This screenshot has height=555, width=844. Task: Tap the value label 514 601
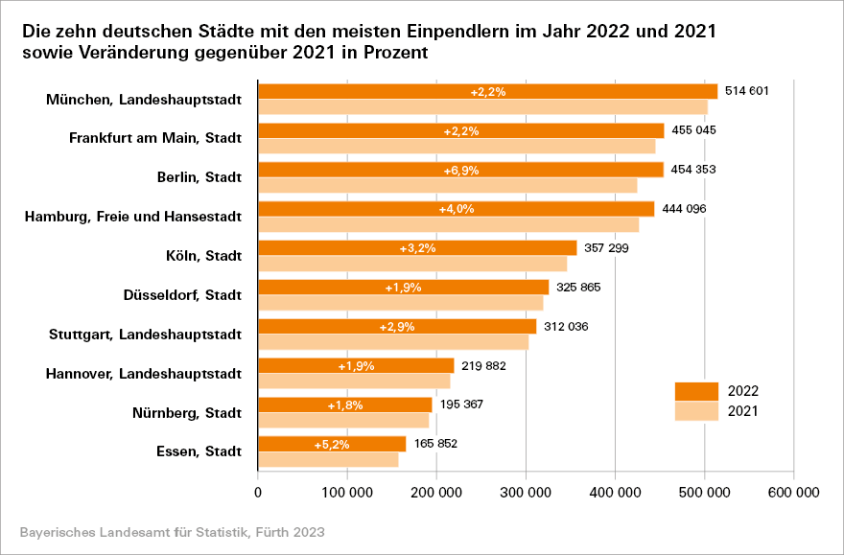[x=748, y=91]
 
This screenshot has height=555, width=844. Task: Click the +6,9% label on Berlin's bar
[x=461, y=170]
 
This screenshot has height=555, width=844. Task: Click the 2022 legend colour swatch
[x=696, y=391]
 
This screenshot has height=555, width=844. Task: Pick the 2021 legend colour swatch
[x=696, y=411]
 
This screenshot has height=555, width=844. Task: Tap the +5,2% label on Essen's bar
[x=332, y=445]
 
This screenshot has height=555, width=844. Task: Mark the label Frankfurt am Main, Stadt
[x=155, y=138]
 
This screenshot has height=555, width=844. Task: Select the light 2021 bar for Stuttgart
[x=393, y=342]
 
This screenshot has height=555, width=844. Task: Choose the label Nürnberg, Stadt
[x=187, y=413]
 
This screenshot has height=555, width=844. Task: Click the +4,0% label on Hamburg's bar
[x=456, y=209]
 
